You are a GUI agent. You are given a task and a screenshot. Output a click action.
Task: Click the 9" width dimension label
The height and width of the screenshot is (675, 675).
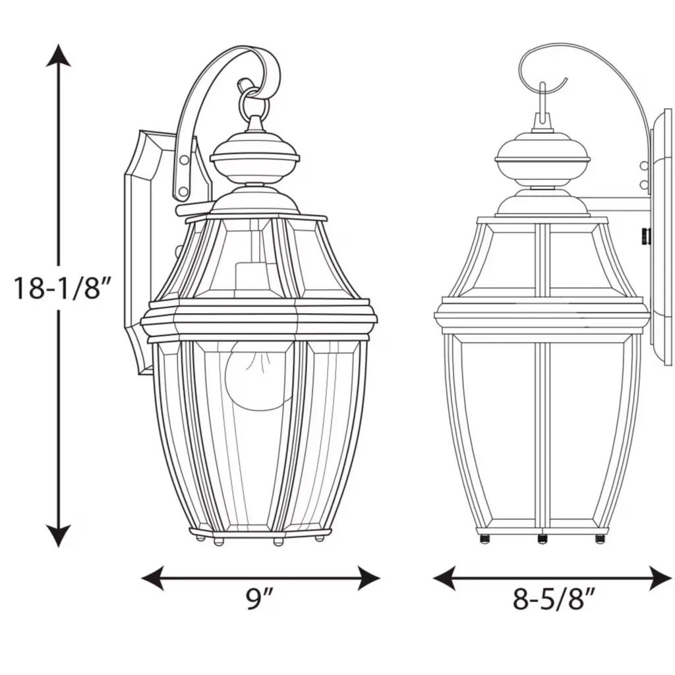coord(260,599)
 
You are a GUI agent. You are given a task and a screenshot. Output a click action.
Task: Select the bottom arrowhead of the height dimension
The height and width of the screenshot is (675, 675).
coord(58,536)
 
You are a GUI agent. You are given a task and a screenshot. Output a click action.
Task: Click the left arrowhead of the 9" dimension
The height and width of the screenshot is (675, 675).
coord(153,577)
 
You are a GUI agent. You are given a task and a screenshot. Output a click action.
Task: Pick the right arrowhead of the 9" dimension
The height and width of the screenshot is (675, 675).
coord(368,577)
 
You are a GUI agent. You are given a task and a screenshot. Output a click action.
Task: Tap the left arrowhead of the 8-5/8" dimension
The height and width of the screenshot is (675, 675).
coord(444,577)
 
